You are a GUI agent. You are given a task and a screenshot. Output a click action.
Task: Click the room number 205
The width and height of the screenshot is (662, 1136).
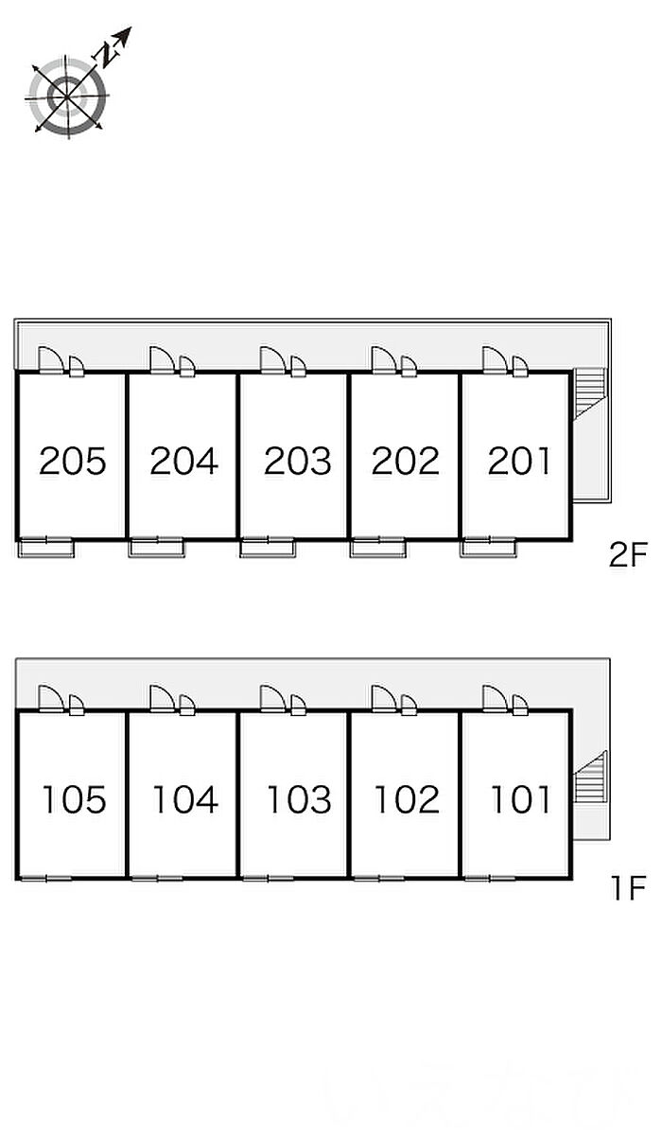pyautogui.click(x=73, y=461)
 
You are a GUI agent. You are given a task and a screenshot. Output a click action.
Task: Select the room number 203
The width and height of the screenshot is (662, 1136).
pyautogui.click(x=298, y=461)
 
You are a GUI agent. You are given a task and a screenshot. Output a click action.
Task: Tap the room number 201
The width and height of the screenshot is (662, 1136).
pyautogui.click(x=519, y=461)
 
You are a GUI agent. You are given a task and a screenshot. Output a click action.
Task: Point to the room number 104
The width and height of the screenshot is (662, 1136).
pyautogui.click(x=185, y=800)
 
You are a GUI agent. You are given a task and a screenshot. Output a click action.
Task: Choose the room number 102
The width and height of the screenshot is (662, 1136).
pyautogui.click(x=407, y=800)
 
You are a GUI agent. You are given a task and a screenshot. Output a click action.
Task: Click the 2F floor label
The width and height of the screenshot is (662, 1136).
pyautogui.click(x=628, y=555)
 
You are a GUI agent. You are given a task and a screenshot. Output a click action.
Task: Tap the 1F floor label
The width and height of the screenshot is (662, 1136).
pyautogui.click(x=629, y=888)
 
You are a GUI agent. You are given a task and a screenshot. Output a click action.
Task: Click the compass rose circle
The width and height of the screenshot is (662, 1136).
pyautogui.click(x=67, y=96)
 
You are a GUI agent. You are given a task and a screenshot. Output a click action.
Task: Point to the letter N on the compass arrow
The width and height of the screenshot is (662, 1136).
pyautogui.click(x=107, y=54)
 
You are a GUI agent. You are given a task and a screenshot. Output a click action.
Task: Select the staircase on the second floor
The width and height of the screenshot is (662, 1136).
pyautogui.click(x=589, y=394)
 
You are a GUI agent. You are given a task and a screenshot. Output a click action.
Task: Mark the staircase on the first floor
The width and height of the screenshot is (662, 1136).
pyautogui.click(x=589, y=777)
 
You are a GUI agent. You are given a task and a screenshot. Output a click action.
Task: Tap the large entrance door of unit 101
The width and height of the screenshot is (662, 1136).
pyautogui.click(x=496, y=699)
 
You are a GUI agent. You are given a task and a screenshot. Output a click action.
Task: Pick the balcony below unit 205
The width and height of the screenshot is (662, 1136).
pyautogui.click(x=46, y=549)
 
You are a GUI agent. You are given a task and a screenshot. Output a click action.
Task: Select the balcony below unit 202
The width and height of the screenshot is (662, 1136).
pyautogui.click(x=378, y=549)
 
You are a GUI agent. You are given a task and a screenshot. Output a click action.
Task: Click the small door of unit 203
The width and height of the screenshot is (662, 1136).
pyautogui.click(x=298, y=366)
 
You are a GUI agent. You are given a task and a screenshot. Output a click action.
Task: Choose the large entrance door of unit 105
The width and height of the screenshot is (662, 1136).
pyautogui.click(x=51, y=699)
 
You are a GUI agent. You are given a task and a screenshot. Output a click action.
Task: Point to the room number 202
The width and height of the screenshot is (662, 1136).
pyautogui.click(x=405, y=461)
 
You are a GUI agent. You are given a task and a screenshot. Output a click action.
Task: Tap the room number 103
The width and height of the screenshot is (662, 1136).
pyautogui.click(x=299, y=800)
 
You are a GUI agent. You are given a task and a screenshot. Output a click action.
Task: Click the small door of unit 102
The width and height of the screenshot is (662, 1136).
pyautogui.click(x=409, y=705)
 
